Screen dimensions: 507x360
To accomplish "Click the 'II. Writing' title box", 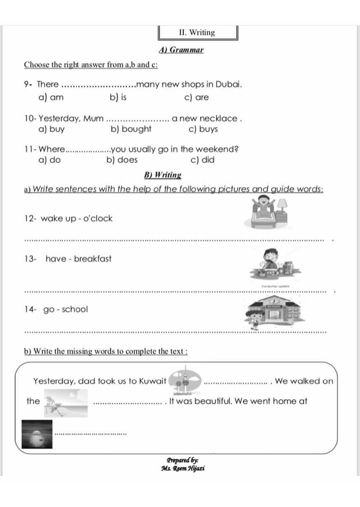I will (198, 33).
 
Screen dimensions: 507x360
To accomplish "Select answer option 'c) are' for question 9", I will (196, 98).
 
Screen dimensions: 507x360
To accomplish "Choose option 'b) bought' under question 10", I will (131, 129).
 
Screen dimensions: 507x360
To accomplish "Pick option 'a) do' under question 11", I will (49, 160).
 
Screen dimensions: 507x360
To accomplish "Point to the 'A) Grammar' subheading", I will (181, 50).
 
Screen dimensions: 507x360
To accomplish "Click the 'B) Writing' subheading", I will (162, 175).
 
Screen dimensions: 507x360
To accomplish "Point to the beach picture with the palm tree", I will (66, 403).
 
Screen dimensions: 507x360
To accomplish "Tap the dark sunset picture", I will (37, 434).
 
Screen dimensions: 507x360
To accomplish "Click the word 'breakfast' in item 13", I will (93, 259).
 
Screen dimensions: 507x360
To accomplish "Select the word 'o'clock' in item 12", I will (98, 218).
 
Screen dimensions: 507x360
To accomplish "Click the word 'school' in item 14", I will (75, 309).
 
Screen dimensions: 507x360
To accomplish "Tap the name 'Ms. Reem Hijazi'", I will (183, 468).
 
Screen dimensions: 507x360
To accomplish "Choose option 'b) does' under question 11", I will (122, 160).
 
